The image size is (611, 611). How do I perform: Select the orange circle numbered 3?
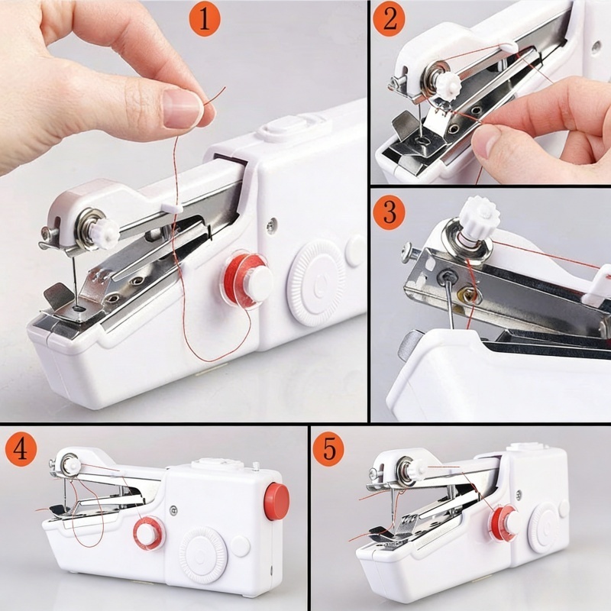tap(389, 212)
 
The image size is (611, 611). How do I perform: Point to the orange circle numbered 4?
tap(21, 450)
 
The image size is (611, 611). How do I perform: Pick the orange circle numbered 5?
tap(328, 449)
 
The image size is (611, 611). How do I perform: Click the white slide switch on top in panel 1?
tap(287, 128)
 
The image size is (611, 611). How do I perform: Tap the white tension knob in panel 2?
tap(448, 84)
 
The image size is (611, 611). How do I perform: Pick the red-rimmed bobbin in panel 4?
tap(150, 532)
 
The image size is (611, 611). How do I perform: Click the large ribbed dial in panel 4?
tap(203, 554)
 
